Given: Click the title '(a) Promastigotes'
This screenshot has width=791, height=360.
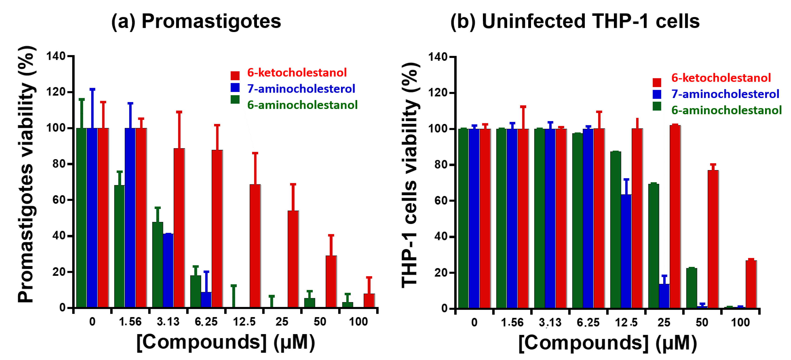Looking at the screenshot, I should [x=196, y=22].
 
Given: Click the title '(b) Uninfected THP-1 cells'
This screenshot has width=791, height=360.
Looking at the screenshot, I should [x=575, y=22].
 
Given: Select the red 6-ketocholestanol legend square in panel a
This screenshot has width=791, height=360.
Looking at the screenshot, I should [x=235, y=76].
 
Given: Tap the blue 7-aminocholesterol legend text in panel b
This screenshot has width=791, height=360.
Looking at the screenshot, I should [x=725, y=94].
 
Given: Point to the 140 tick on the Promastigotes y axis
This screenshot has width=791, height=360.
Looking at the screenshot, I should [x=56, y=56].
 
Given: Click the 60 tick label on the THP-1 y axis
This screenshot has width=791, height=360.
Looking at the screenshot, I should [x=440, y=201].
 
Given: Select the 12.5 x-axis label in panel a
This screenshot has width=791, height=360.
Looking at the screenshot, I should [x=244, y=322].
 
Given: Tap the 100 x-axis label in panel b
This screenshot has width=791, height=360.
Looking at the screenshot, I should [x=740, y=322].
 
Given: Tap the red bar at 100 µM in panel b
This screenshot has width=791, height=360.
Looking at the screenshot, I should [x=751, y=284].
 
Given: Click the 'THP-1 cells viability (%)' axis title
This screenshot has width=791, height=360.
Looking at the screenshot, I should [x=410, y=175].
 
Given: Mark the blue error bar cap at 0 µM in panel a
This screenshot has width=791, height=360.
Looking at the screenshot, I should [x=92, y=89].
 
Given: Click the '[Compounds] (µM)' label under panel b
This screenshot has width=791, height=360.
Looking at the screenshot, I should [x=607, y=343].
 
